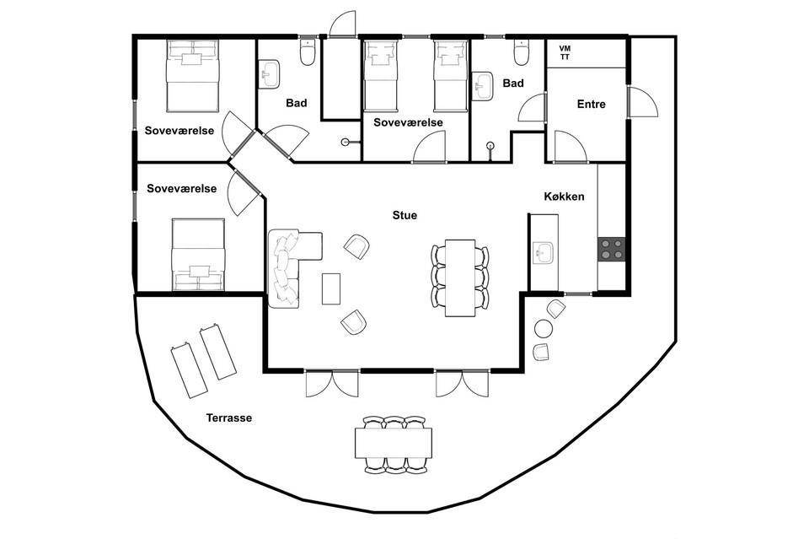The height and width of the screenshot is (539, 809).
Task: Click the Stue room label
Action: (404, 215)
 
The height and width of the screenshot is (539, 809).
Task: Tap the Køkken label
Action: (564, 197)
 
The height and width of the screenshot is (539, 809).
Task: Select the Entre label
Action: (592, 105)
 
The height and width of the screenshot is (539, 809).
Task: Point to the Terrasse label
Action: (229, 418)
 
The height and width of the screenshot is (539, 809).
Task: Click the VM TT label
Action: (565, 52)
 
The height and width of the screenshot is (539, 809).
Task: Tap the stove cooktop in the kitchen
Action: (612, 249)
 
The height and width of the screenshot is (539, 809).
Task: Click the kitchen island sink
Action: (543, 253)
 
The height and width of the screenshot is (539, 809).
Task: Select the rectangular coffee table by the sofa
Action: (331, 288)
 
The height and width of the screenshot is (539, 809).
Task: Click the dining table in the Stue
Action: (460, 278)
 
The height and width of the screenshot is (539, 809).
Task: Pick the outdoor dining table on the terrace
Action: (394, 443)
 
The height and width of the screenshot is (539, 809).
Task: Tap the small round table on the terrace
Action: (544, 328)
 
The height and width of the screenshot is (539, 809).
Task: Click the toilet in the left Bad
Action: (308, 52)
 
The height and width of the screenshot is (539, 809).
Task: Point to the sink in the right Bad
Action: (483, 86)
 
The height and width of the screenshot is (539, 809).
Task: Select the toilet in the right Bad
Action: (521, 52)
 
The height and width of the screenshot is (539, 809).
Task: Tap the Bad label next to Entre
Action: (513, 84)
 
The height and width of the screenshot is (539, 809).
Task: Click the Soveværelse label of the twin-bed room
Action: (408, 123)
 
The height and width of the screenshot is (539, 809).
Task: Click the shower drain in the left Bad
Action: (346, 142)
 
